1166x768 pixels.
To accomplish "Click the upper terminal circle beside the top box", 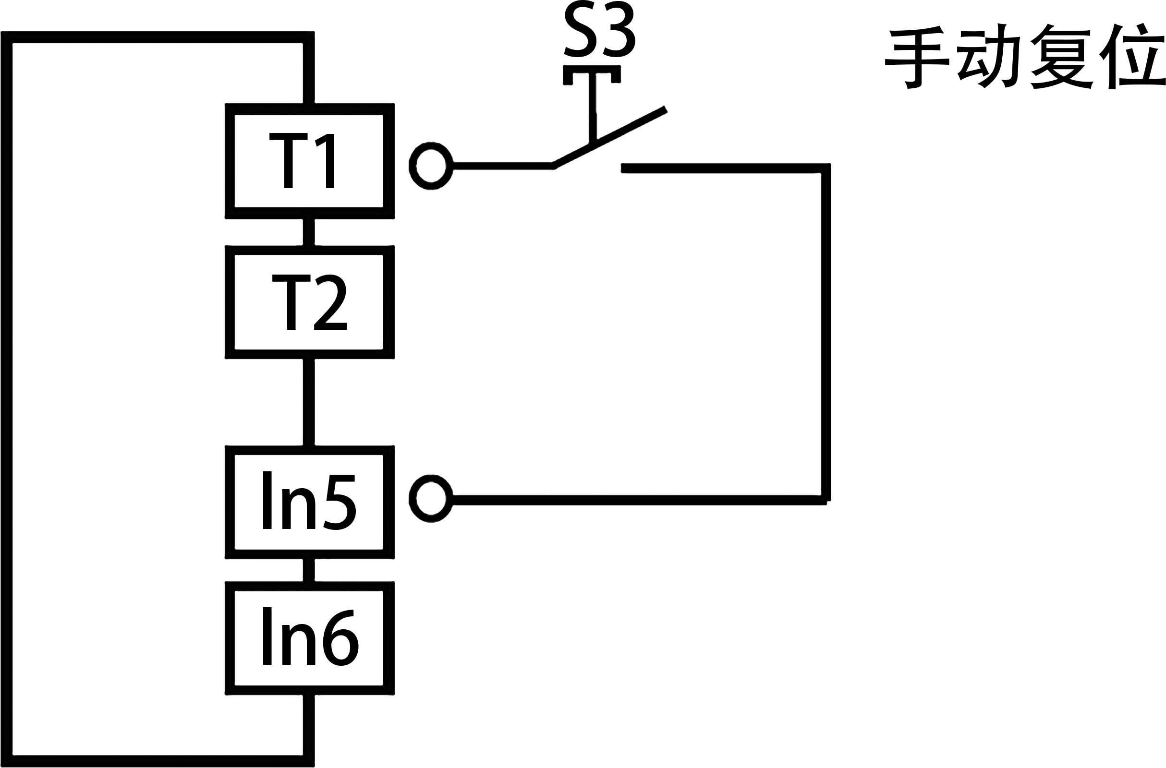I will pos(431,166).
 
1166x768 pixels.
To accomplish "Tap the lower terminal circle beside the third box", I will pos(431,499).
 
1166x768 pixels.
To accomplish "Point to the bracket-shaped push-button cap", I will pos(592,70).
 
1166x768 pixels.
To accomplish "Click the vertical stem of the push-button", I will pos(592,108).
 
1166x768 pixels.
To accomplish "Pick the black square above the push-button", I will pos(599,28).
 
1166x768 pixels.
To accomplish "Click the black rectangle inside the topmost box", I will pos(302,160).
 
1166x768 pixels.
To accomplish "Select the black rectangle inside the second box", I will pos(310,302).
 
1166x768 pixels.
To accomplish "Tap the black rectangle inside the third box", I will pos(309,501).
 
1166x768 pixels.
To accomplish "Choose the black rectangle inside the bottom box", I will pos(311,636).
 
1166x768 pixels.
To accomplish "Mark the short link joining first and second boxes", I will pos(309,232).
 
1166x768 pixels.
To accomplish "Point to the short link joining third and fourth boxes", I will pos(309,570).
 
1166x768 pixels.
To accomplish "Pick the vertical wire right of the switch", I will pos(826,333).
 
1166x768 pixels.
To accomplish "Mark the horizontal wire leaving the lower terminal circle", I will pos(637,500).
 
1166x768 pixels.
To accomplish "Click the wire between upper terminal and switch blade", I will pos(502,166).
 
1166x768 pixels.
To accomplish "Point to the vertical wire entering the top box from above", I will pos(309,71).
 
